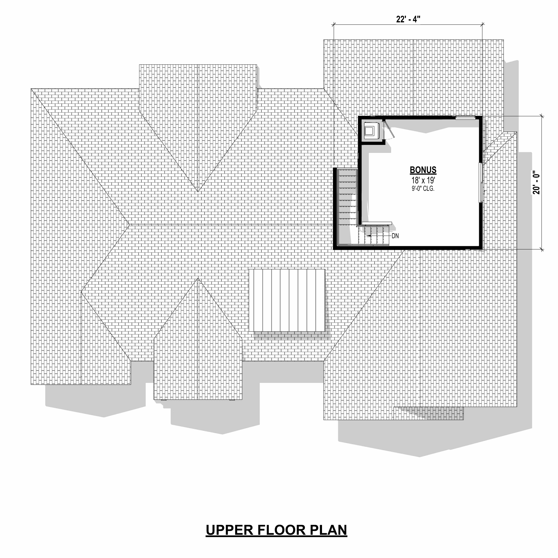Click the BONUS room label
pyautogui.click(x=423, y=170)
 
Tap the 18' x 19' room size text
pyautogui.click(x=423, y=181)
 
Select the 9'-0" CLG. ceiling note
pyautogui.click(x=423, y=189)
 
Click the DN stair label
pyautogui.click(x=395, y=236)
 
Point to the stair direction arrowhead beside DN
pyautogui.click(x=369, y=236)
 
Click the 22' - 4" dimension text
pyautogui.click(x=408, y=19)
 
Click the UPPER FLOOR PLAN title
pyautogui.click(x=276, y=530)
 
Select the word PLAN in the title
pyautogui.click(x=329, y=530)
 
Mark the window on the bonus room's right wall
pyautogui.click(x=481, y=183)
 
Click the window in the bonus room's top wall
pyautogui.click(x=466, y=117)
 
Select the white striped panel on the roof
pyautogui.click(x=287, y=300)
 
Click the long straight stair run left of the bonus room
pyautogui.click(x=348, y=206)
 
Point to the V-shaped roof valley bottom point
pyautogui.click(x=198, y=192)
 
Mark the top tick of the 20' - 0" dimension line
pyautogui.click(x=541, y=116)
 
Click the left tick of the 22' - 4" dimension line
pyautogui.click(x=334, y=25)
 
